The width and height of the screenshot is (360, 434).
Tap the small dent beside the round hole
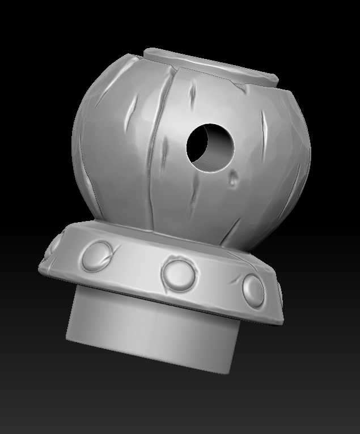234,179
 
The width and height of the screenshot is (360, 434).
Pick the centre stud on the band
178,273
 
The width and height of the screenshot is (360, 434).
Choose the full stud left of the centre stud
98,256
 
